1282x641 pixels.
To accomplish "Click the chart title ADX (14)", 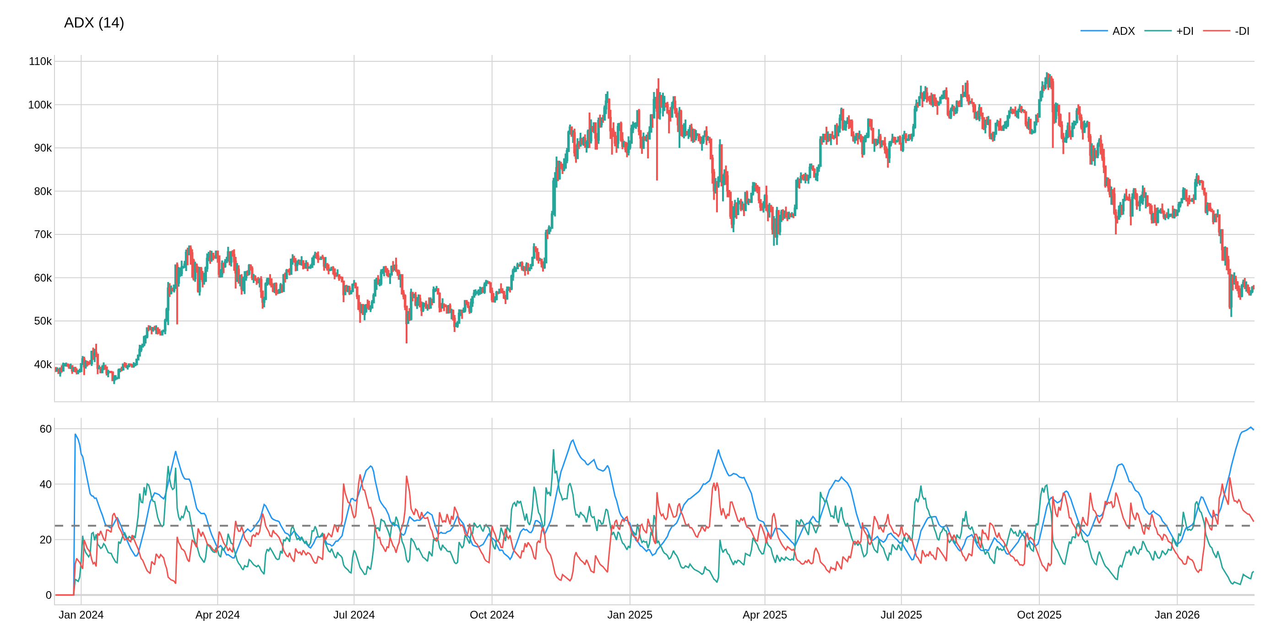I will click(x=93, y=23).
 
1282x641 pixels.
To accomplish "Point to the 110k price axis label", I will click(x=40, y=62).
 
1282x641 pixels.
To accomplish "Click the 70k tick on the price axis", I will click(x=42, y=234).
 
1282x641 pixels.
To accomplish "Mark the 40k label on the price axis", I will click(x=42, y=364).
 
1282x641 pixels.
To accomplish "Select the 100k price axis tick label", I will click(x=40, y=105).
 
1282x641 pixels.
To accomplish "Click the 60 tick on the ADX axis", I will click(x=45, y=429).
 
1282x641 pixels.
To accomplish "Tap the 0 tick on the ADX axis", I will click(x=48, y=595).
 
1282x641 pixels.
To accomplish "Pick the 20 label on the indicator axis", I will click(x=45, y=539).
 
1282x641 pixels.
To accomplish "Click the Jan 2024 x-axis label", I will click(x=81, y=615).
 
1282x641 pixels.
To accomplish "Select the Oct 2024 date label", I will click(x=492, y=615).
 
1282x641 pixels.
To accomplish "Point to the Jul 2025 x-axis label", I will click(x=901, y=615).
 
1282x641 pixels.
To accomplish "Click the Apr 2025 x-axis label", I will click(x=765, y=615).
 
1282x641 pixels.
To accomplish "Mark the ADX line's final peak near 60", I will click(x=1251, y=427).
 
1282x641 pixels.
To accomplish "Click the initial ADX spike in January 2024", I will click(x=76, y=435).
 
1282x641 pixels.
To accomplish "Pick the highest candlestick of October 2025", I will click(x=1047, y=74).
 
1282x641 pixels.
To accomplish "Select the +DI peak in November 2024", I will click(x=554, y=450).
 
